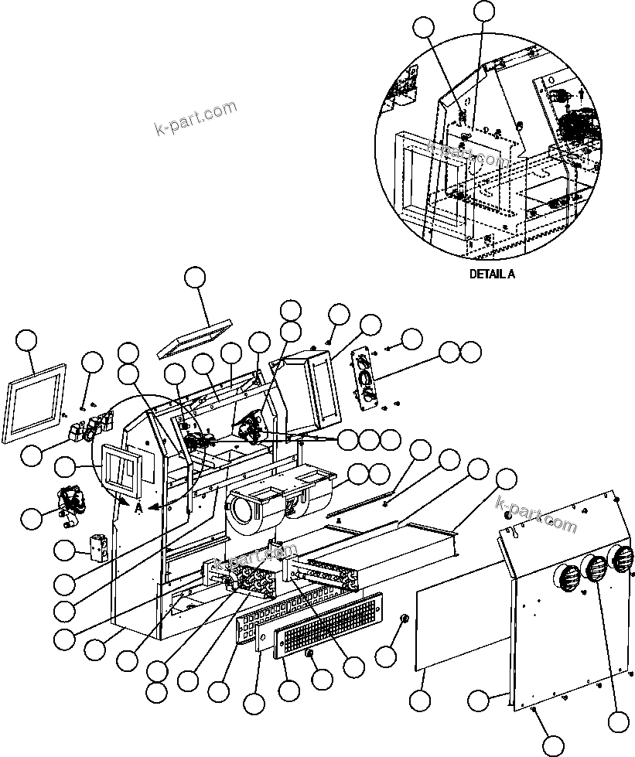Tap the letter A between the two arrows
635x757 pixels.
(x=138, y=508)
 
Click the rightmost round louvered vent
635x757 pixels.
(x=620, y=559)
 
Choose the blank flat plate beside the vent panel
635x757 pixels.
(x=462, y=626)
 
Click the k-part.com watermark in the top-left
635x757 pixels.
(x=196, y=118)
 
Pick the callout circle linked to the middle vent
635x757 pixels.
(x=618, y=721)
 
